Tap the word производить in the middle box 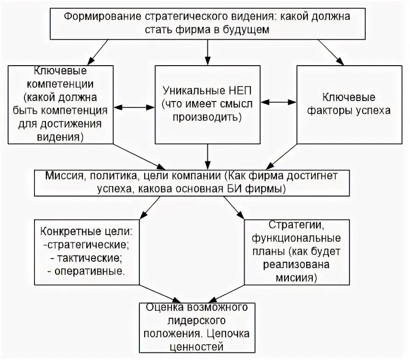(207, 117)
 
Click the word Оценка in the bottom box (164, 307)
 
